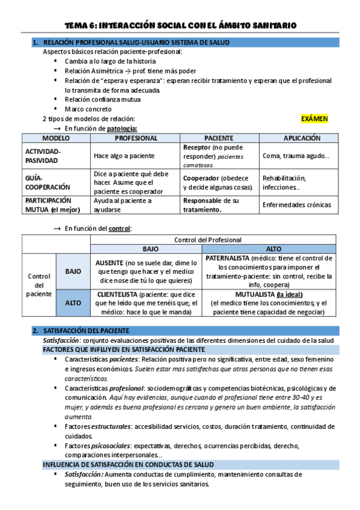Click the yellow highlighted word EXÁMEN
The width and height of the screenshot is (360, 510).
[x=314, y=118]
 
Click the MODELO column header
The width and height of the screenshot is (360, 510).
[x=56, y=138]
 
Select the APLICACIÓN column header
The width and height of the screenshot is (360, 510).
[x=302, y=138]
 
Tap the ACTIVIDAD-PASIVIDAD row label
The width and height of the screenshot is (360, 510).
[x=43, y=156]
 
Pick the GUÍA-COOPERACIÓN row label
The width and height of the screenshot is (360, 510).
[x=47, y=182]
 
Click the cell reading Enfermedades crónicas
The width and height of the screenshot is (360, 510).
[x=296, y=204]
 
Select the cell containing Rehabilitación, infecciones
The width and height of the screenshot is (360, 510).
[x=284, y=182]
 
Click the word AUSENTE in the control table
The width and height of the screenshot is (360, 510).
[x=112, y=263]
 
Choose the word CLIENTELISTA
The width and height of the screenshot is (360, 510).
[x=116, y=294]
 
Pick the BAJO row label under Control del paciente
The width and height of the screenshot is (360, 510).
[x=73, y=271]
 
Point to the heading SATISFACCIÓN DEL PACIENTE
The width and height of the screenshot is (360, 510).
[x=90, y=331]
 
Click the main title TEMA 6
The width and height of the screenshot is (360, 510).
[x=180, y=25]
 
